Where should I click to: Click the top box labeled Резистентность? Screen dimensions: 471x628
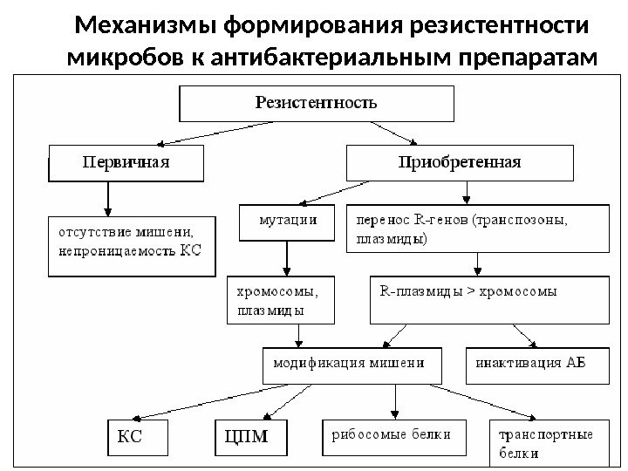[317, 103]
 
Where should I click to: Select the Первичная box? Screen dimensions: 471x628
[126, 162]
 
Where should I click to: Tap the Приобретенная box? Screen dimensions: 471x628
[460, 162]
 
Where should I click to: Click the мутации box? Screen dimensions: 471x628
[288, 222]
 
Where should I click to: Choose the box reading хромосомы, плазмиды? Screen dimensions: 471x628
[279, 299]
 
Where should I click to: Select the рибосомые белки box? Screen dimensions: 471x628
[387, 439]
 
